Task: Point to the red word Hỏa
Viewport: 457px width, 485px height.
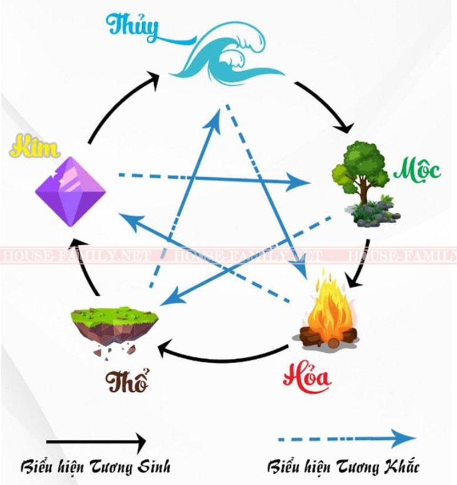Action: pos(307,377)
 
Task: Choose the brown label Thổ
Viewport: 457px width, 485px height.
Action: pos(126,380)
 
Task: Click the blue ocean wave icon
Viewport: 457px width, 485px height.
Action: pos(227,55)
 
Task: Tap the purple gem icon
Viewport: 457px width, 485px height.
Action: pos(71,192)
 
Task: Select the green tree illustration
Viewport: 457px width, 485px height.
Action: pos(364,184)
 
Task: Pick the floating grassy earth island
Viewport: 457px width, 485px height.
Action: pos(115,329)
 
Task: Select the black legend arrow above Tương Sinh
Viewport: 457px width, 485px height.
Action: pos(97,442)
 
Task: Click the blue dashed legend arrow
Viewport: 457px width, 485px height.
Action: pos(347,439)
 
